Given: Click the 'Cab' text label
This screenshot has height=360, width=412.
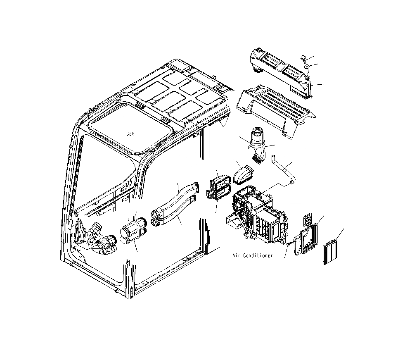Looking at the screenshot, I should pos(130,134).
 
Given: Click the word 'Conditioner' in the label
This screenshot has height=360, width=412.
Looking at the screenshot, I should pos(258,256).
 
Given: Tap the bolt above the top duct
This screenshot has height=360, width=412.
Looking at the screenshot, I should pos(303,58).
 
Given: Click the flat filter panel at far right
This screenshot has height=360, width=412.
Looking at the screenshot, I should pos(331,253).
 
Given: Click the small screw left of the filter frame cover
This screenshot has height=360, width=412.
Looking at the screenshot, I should pos(288,246).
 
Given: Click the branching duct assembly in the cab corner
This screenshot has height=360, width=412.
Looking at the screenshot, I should pos(96,238).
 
